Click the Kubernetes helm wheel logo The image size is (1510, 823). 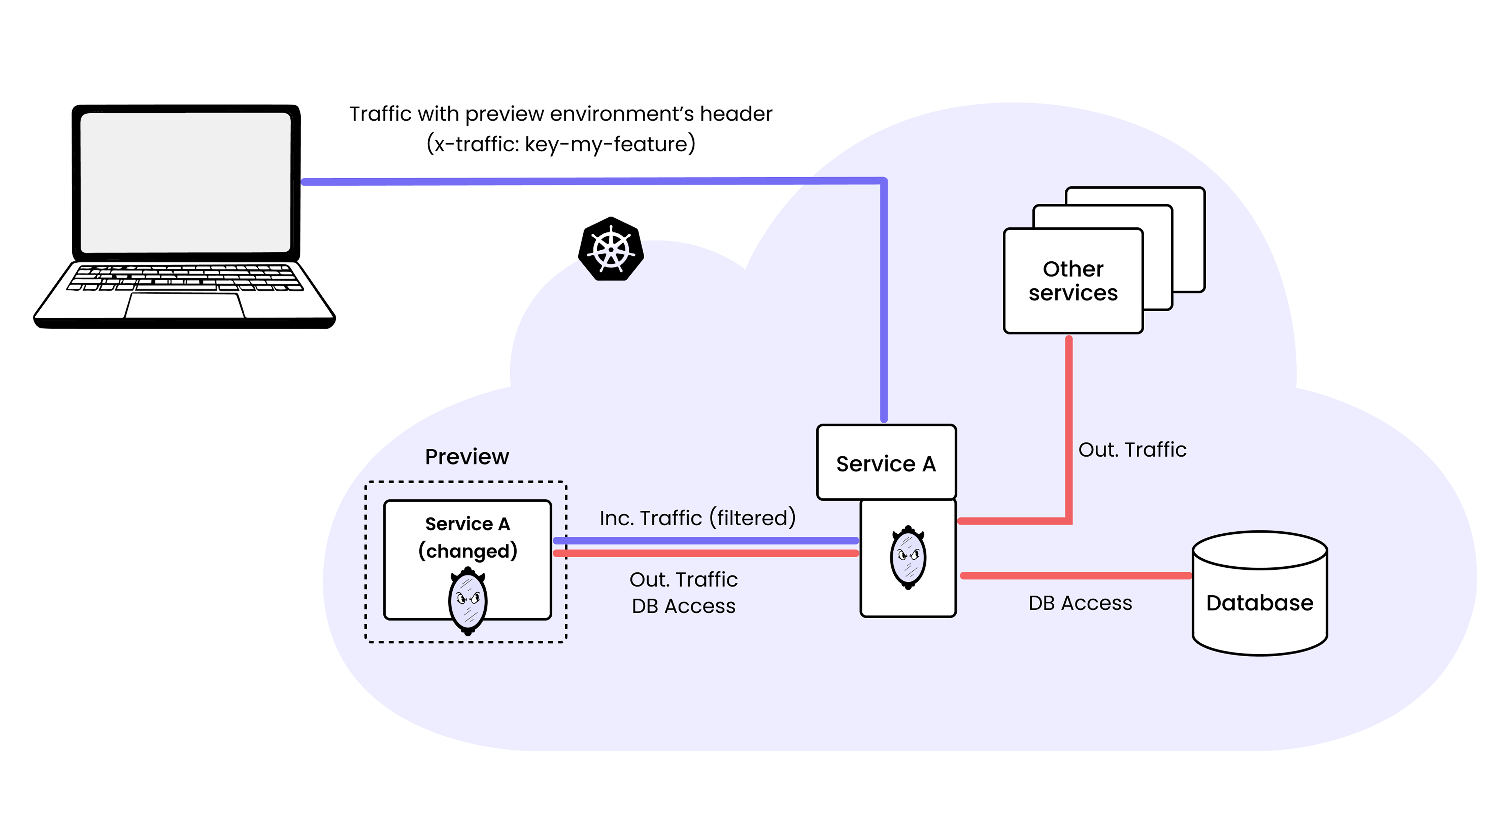(611, 249)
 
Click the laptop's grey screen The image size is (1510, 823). (185, 182)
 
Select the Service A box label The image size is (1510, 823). (886, 464)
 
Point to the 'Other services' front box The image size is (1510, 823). (1073, 281)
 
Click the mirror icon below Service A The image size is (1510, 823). (908, 557)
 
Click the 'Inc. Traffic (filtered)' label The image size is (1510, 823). (697, 518)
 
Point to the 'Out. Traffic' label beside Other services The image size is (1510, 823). (1132, 450)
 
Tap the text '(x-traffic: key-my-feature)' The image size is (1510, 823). (560, 144)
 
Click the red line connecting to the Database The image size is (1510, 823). (1076, 576)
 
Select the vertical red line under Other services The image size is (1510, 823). (1069, 428)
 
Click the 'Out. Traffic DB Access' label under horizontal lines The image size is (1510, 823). (683, 592)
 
